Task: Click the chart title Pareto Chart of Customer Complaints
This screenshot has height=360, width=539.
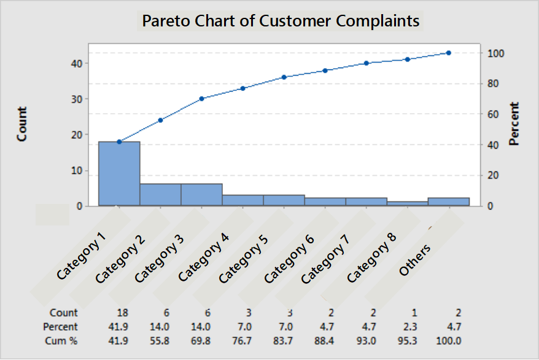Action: (281, 20)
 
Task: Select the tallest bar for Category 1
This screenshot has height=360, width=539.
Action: (119, 174)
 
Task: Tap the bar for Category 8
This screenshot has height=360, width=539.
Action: (408, 203)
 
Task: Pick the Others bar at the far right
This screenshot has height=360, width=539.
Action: (449, 202)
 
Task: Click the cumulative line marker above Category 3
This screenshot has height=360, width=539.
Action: (201, 98)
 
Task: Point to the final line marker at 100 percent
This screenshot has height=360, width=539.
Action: (449, 53)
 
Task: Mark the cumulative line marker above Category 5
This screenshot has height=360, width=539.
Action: (284, 77)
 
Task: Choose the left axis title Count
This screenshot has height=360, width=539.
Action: (22, 124)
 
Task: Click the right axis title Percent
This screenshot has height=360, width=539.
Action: (514, 124)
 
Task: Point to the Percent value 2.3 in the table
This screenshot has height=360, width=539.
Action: (407, 327)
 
